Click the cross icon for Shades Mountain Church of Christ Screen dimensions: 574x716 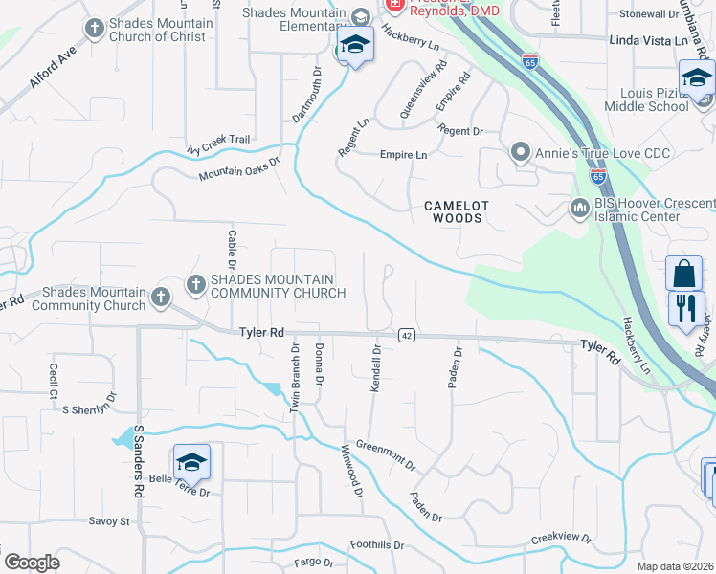coord(94,29)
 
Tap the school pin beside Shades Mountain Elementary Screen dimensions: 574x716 coord(355,46)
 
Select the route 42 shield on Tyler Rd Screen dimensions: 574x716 coord(406,335)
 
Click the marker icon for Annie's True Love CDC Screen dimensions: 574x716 coord(520,151)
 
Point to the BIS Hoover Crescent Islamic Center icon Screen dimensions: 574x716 coord(579,208)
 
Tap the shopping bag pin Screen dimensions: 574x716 coord(684,275)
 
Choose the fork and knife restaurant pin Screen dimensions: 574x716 coord(686,309)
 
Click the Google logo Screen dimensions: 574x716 coord(32,563)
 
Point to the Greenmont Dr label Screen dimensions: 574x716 coord(386,454)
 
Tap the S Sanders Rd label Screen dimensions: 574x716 coord(139,461)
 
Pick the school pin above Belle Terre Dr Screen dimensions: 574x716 coord(191,463)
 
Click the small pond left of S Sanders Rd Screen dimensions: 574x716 coord(123,438)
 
